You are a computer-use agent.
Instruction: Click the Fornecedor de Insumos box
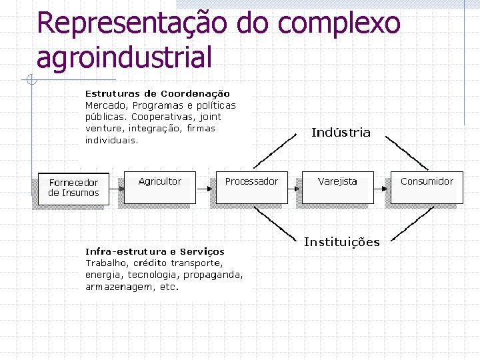(73, 189)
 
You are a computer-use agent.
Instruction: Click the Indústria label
(341, 133)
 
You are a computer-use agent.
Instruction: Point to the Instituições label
(341, 242)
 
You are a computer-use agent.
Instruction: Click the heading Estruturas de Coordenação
(157, 94)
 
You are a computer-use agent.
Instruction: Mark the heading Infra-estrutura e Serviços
(155, 251)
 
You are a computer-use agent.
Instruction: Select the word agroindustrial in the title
(124, 57)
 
